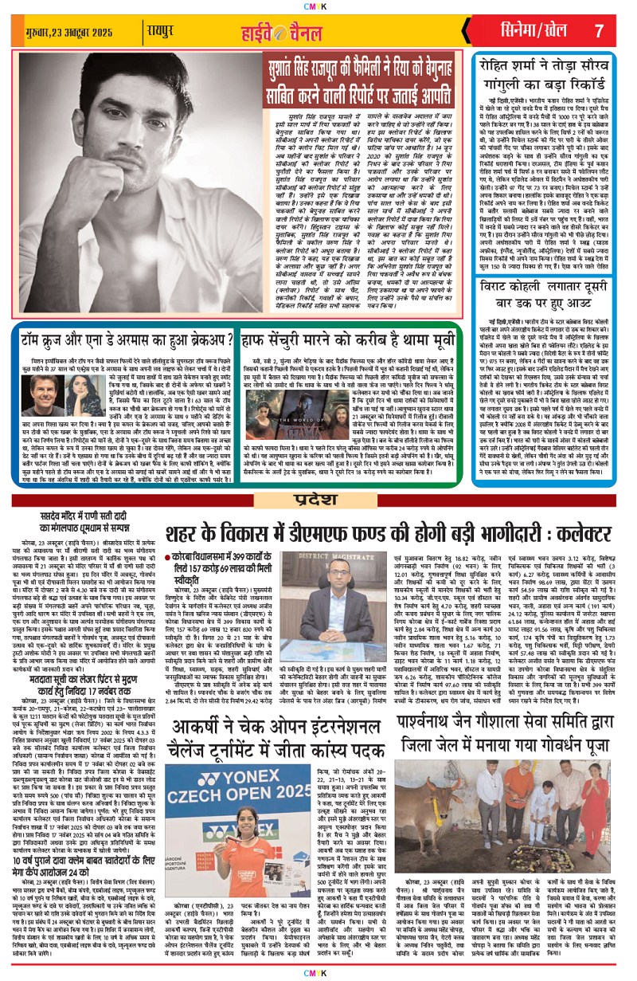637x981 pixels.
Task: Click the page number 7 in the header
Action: [599, 31]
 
